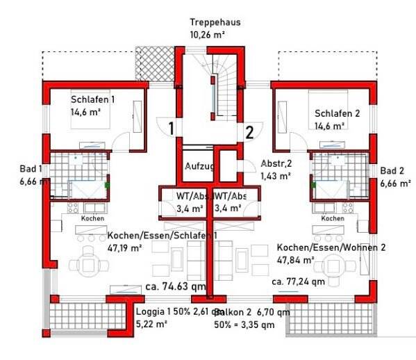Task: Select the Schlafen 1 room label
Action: point(92,99)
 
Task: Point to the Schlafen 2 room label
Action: point(337,114)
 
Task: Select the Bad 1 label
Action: point(31,169)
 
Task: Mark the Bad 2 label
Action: point(392,171)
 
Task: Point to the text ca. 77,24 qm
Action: point(297,281)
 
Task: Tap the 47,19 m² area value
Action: point(125,247)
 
